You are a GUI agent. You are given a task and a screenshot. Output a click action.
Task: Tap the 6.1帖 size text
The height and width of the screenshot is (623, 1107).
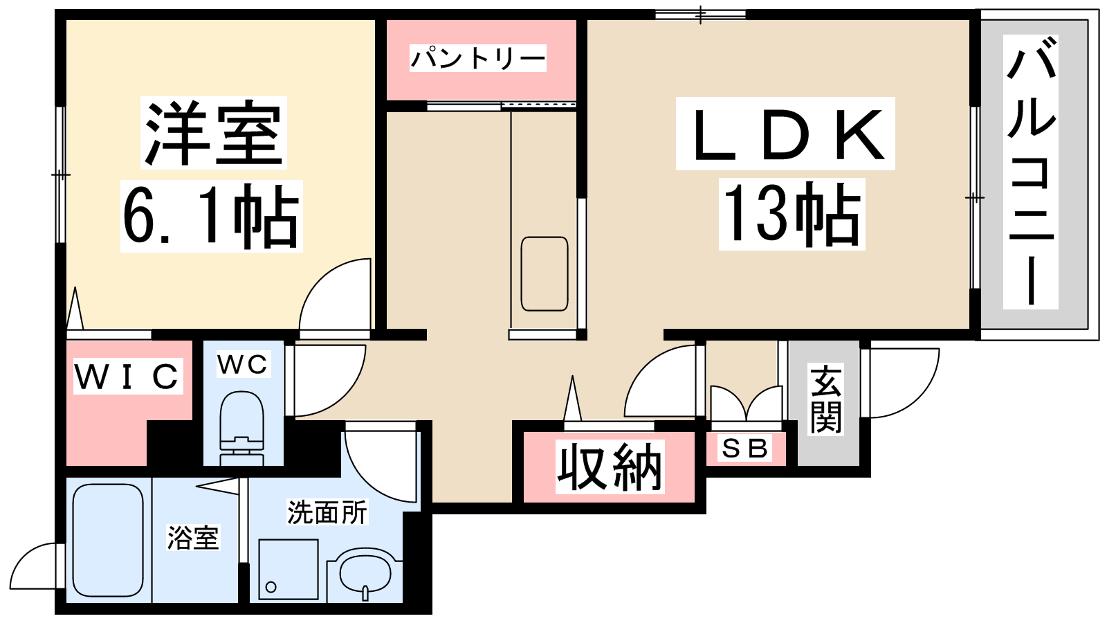pos(212,216)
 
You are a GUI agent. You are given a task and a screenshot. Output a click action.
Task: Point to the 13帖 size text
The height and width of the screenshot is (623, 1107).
pos(792,214)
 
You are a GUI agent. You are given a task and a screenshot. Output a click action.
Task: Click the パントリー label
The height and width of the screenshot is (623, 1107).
pos(478,58)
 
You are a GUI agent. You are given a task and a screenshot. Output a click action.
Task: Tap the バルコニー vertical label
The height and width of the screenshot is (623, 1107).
pos(1030,171)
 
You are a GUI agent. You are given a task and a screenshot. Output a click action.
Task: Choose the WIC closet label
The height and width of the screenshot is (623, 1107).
pos(128,376)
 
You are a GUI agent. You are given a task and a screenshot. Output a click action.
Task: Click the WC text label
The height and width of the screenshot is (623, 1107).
pos(243,364)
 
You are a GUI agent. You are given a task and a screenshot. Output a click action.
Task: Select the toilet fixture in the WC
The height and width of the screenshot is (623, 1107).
pos(241,428)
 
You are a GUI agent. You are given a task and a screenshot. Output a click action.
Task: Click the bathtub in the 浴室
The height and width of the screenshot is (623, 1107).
pos(108,541)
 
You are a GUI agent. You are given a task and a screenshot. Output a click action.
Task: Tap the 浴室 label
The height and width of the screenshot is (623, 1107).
pos(193,538)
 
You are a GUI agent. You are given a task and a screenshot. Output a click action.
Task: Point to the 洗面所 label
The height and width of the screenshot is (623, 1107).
pos(327,512)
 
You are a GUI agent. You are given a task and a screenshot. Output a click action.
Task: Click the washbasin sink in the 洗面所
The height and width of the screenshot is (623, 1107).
pos(365,575)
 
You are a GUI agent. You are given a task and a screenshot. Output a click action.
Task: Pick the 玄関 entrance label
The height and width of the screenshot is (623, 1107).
pos(825,399)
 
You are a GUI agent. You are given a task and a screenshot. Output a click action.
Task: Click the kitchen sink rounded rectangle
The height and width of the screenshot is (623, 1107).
pos(545,274)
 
